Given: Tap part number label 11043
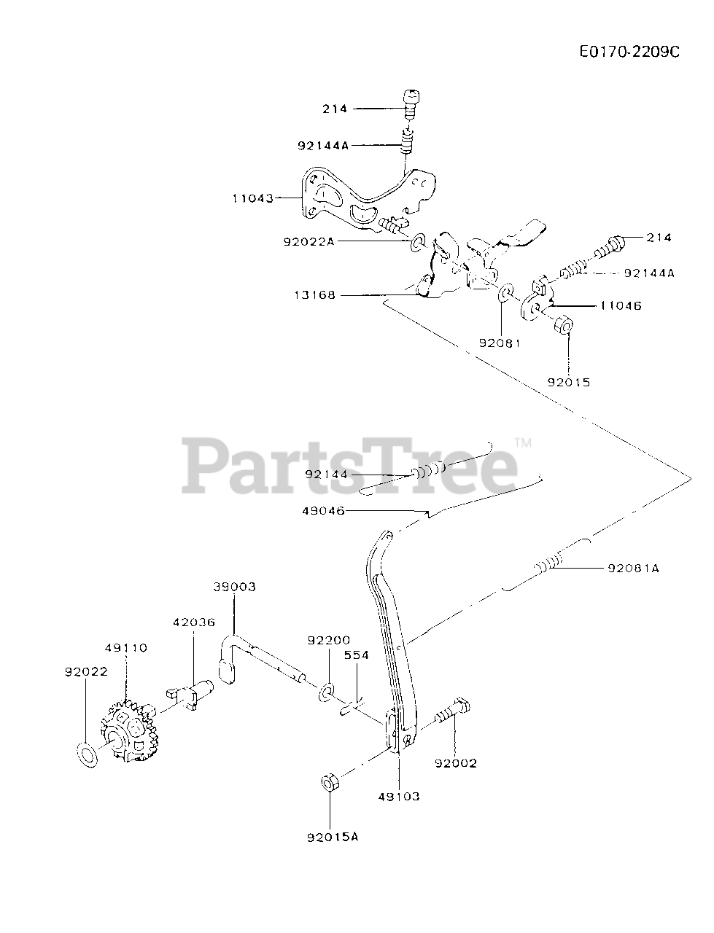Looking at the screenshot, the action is tap(253, 198).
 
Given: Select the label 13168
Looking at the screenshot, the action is tap(315, 295).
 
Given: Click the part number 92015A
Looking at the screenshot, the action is tap(333, 837).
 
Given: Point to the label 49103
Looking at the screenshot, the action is tap(399, 797).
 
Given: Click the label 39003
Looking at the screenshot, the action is tap(235, 587).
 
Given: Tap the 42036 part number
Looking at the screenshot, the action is tap(194, 622).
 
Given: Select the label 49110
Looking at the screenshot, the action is tap(125, 647).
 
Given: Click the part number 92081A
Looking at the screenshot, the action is tap(632, 568).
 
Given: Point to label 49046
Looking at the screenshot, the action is tap(323, 511).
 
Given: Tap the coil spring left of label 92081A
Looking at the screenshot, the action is tap(549, 564).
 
